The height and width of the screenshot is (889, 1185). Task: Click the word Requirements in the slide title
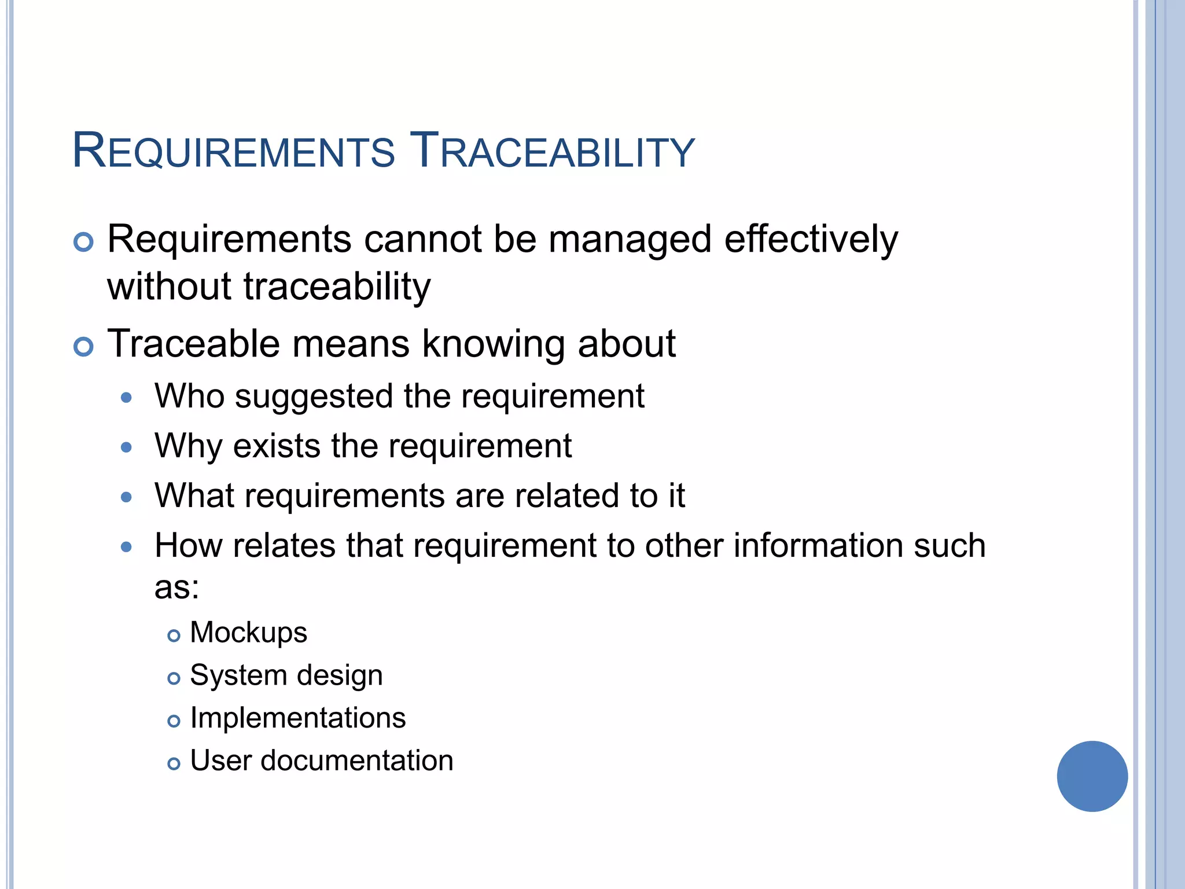pyautogui.click(x=234, y=152)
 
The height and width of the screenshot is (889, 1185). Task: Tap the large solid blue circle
pyautogui.click(x=1092, y=776)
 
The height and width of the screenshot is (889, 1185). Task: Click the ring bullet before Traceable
pyautogui.click(x=84, y=347)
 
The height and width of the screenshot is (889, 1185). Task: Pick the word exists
pyautogui.click(x=277, y=446)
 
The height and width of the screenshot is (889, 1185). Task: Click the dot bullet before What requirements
pyautogui.click(x=127, y=497)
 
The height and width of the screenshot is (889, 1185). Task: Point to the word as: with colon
pyautogui.click(x=176, y=587)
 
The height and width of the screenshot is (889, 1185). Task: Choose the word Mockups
pyautogui.click(x=248, y=633)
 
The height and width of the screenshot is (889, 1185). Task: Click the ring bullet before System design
pyautogui.click(x=174, y=678)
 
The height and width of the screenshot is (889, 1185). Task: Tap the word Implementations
pyautogui.click(x=298, y=718)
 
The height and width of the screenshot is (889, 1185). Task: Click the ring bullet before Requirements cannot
pyautogui.click(x=84, y=242)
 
